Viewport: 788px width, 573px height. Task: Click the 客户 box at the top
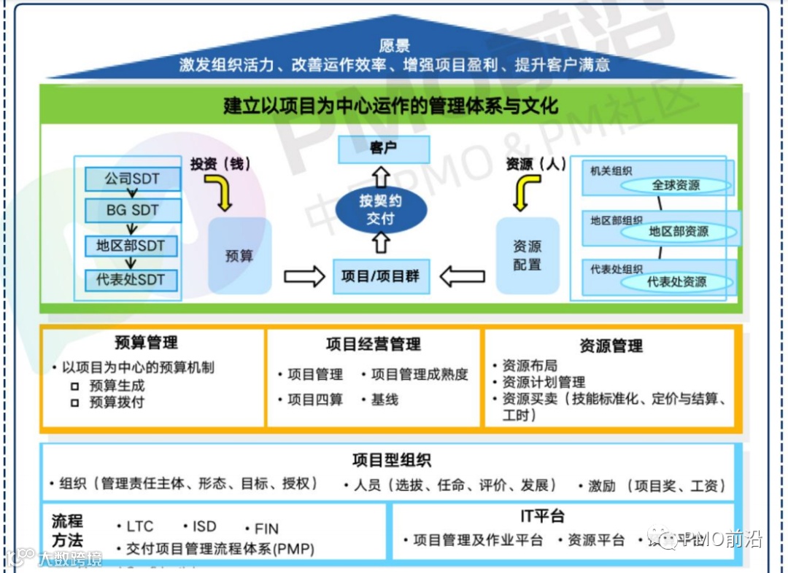(383, 149)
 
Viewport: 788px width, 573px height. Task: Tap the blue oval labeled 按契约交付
(380, 209)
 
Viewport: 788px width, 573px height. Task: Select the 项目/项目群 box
(381, 276)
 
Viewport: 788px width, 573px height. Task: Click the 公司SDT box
(132, 179)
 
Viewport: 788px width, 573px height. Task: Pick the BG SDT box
(132, 211)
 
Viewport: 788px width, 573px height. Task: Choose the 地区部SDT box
(131, 246)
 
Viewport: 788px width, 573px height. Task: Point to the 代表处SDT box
(131, 279)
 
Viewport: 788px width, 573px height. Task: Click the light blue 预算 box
(239, 257)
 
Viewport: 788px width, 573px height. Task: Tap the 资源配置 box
(527, 256)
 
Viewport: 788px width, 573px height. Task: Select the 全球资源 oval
(676, 185)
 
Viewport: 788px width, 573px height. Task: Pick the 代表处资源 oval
(676, 281)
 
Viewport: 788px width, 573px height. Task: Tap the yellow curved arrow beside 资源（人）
(526, 192)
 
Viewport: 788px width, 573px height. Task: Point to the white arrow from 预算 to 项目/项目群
(304, 276)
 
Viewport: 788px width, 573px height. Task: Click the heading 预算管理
(146, 343)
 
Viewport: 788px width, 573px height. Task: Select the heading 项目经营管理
(374, 344)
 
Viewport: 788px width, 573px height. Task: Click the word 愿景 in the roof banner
(395, 47)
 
